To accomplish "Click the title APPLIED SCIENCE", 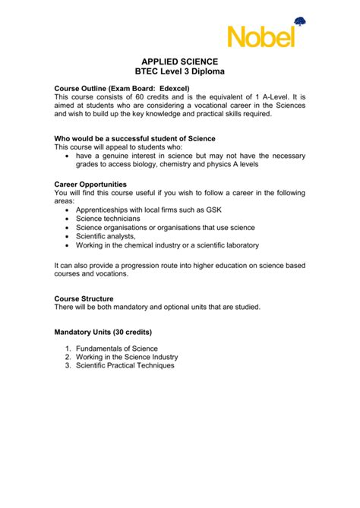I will [179, 60].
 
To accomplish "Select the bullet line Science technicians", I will [112, 218].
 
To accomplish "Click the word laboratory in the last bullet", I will [238, 245].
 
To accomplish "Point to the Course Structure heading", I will [84, 298].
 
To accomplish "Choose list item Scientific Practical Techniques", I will [125, 365].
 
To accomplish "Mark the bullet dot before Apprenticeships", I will [68, 210].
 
